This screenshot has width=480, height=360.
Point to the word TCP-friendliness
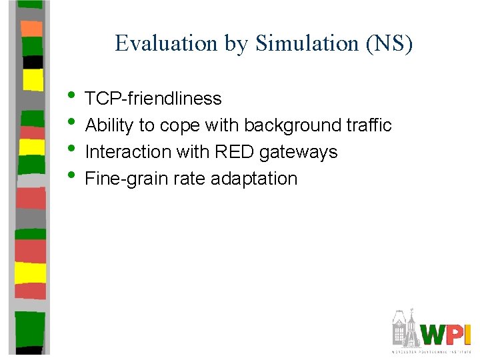(x=153, y=99)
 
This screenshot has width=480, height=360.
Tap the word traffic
(x=366, y=125)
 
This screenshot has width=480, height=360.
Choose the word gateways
(x=299, y=153)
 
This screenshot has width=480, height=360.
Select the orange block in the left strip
(x=31, y=29)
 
